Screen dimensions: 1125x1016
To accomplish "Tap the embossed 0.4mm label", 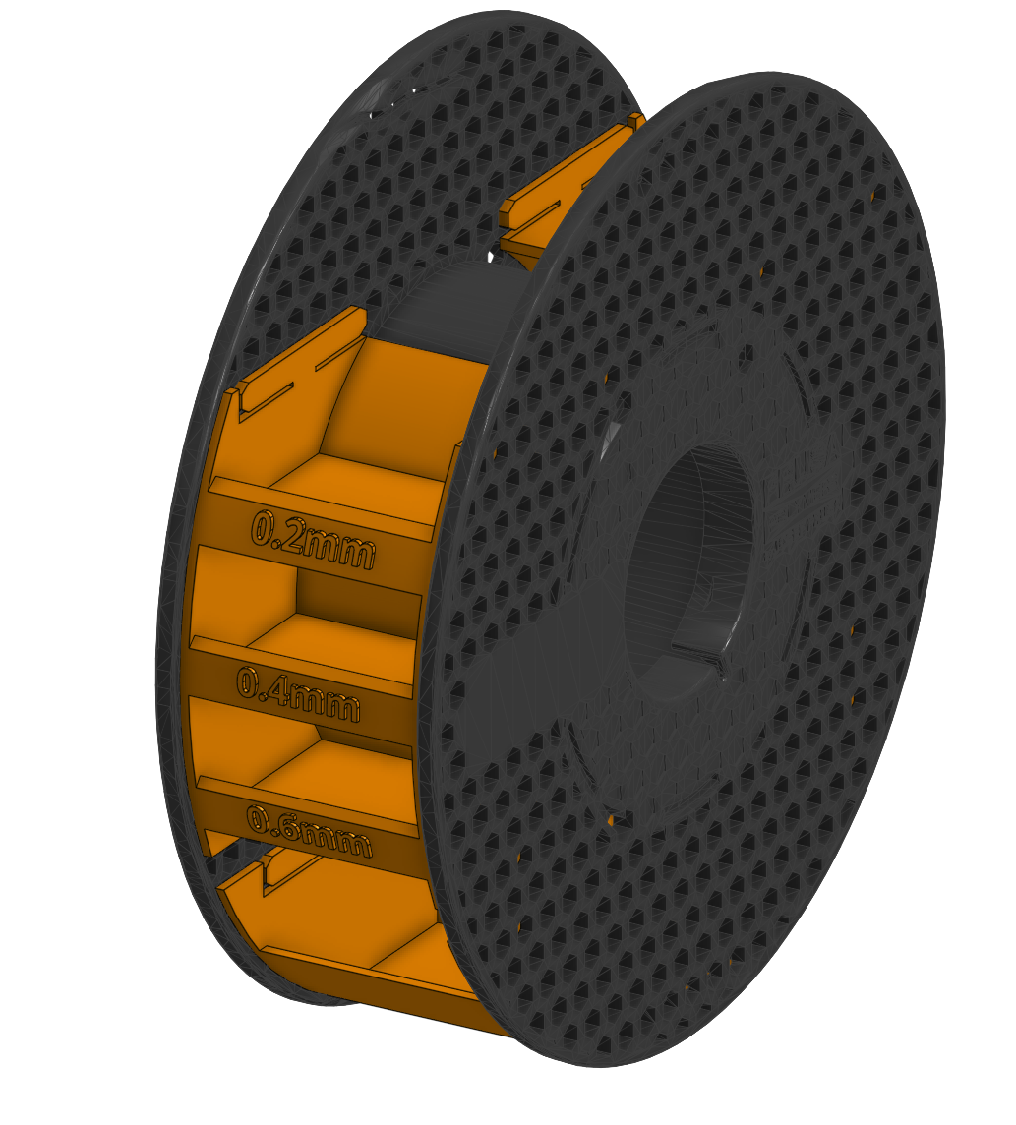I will click(x=298, y=693).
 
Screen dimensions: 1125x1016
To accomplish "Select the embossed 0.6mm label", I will click(x=308, y=830).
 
